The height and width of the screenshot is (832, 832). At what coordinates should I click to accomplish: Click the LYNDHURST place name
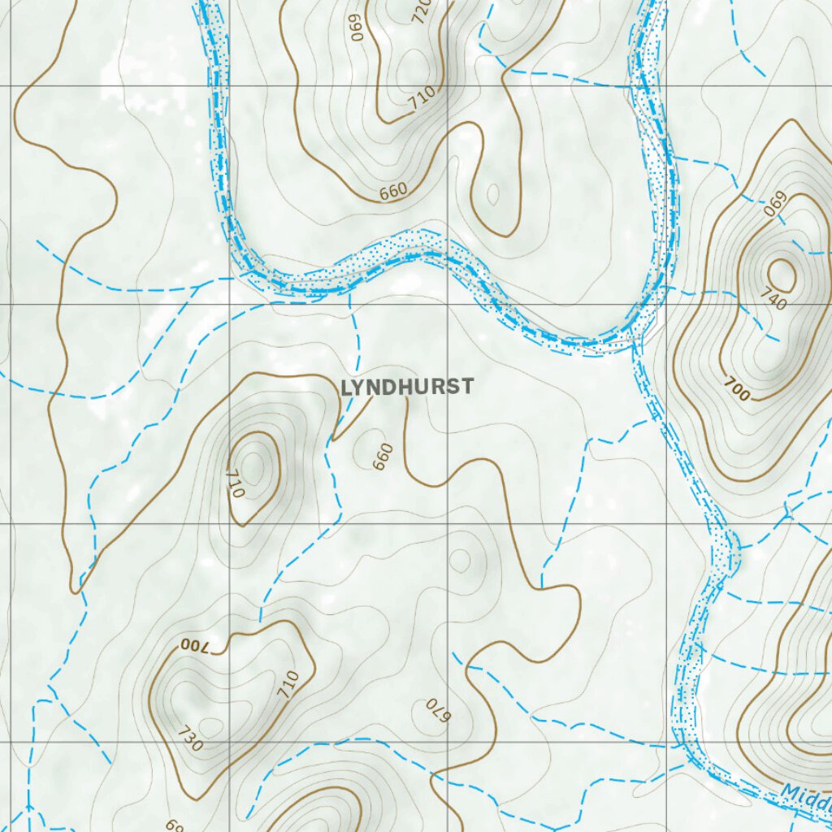[406, 388]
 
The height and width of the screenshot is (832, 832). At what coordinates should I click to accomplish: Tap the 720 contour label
[422, 11]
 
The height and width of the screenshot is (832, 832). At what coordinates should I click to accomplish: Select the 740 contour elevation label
[775, 300]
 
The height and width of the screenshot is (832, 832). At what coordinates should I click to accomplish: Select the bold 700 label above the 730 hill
[195, 646]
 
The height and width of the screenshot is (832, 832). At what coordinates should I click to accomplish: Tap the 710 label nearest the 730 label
[288, 684]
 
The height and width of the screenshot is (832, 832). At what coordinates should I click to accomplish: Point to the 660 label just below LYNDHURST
[383, 456]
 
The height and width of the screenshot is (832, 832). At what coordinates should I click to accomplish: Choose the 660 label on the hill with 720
[392, 192]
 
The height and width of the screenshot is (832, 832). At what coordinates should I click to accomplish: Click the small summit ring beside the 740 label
[781, 274]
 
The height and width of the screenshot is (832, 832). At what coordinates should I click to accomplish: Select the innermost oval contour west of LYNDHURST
[254, 466]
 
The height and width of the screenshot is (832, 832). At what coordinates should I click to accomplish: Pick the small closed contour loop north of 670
[460, 561]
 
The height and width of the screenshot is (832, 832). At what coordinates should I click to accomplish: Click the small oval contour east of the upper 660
[492, 193]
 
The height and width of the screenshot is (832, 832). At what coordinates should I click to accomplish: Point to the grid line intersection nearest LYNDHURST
[448, 305]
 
